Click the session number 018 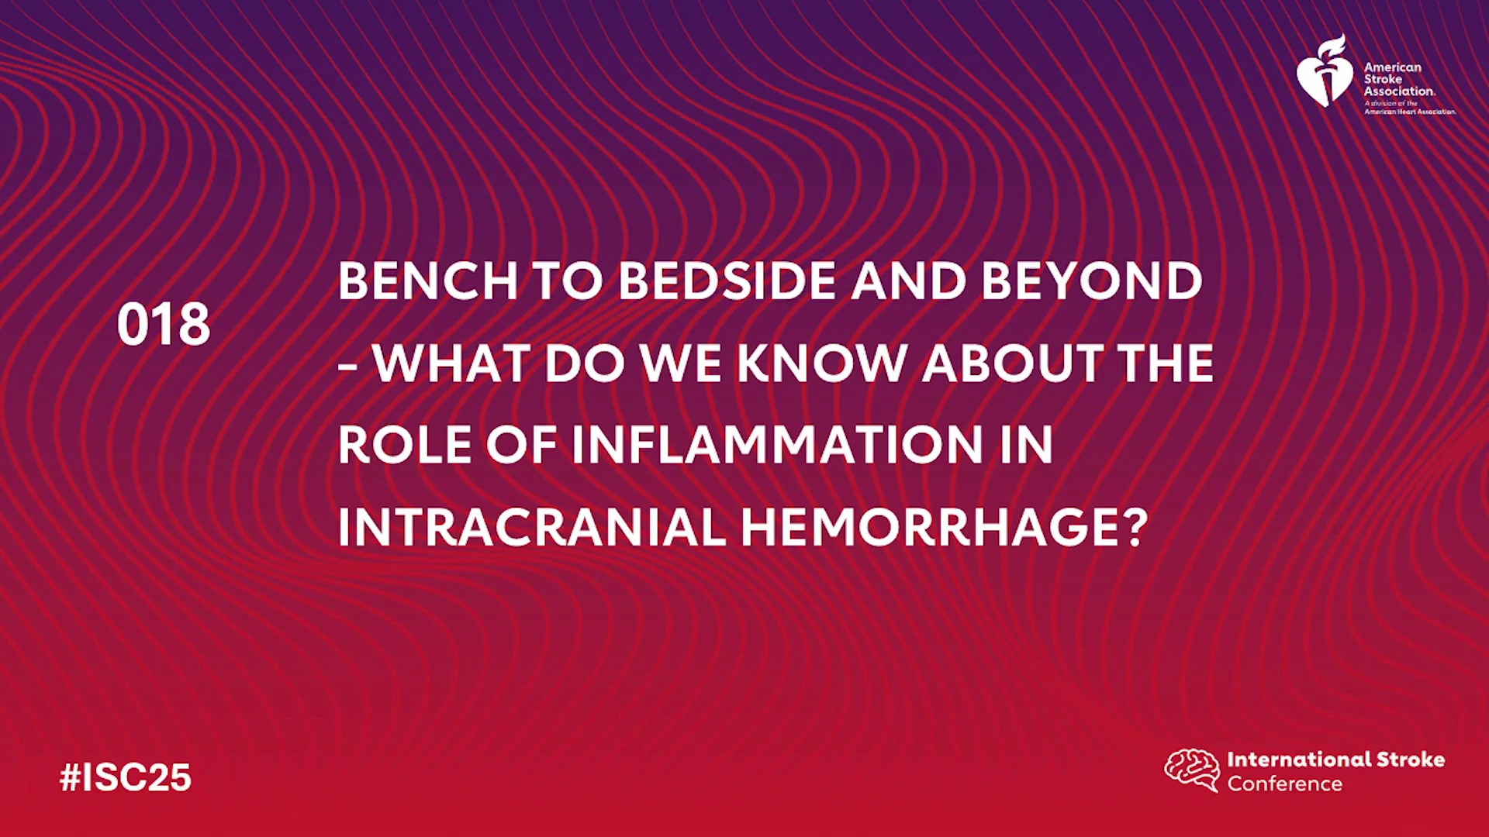click(x=164, y=324)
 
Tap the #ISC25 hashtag click(x=126, y=777)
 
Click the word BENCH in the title click(x=428, y=281)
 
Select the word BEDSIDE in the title click(x=727, y=281)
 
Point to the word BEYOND click(x=1092, y=281)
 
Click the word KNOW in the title click(x=822, y=363)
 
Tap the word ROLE click(x=404, y=445)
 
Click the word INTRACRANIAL click(x=531, y=527)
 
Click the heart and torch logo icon click(x=1325, y=71)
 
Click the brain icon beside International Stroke click(x=1192, y=770)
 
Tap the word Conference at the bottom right click(x=1284, y=784)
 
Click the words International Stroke click(x=1335, y=759)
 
